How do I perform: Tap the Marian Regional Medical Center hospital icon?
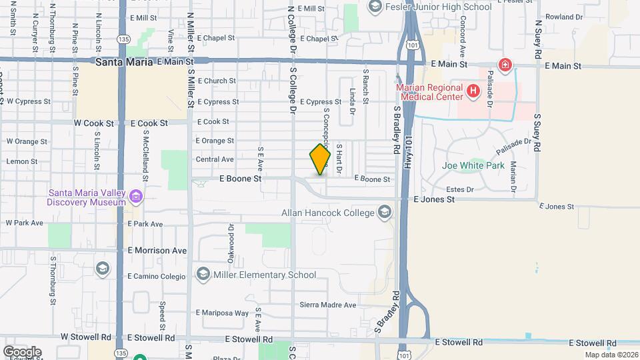[473, 91]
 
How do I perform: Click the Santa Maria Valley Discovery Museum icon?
[137, 196]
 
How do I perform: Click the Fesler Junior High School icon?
[375, 7]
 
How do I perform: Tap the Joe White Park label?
[473, 165]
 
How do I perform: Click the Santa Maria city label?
[125, 62]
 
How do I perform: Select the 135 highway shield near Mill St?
[122, 39]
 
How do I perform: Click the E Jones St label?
[433, 199]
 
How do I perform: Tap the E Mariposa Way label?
[222, 313]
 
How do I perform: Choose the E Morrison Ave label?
[157, 251]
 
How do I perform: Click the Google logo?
[22, 351]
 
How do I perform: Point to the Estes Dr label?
[459, 189]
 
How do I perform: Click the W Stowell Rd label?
[85, 337]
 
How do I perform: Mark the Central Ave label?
[215, 159]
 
